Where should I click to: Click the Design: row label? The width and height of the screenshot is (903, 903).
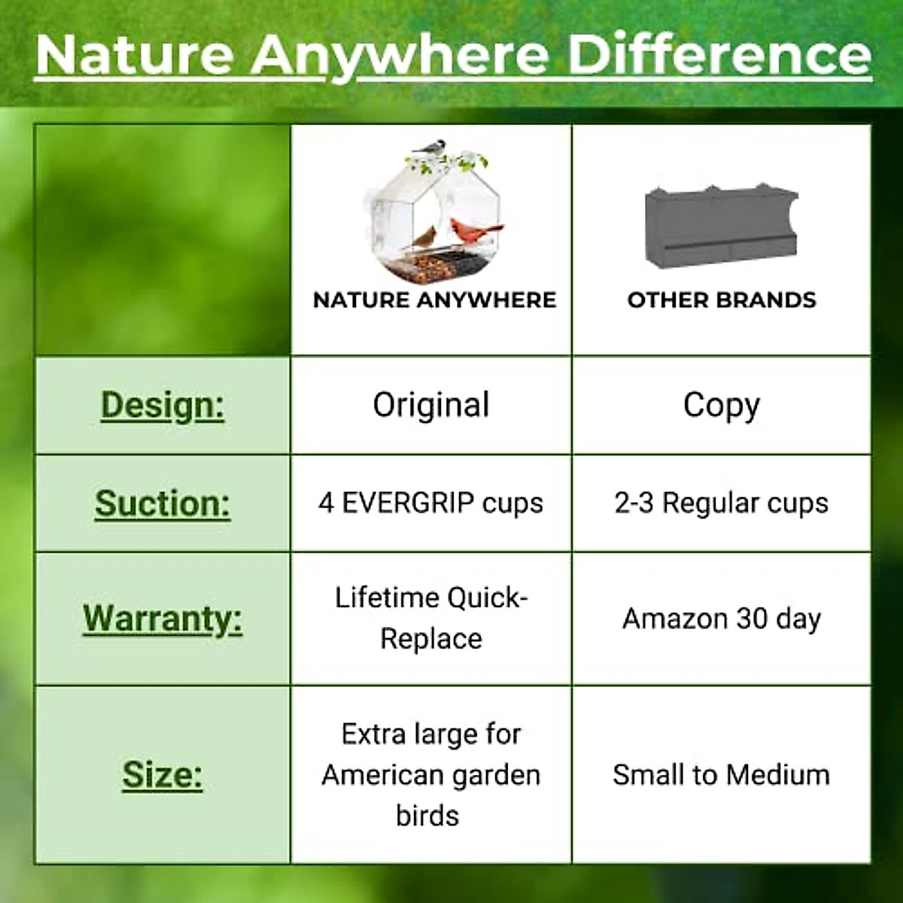163,405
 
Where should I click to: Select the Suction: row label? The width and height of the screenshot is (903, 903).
163,503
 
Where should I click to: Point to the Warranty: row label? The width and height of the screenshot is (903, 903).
163,619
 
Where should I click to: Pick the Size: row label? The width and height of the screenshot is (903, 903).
163,774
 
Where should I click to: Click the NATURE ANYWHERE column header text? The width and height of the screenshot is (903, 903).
434,299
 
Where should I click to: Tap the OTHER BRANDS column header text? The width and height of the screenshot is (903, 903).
722,299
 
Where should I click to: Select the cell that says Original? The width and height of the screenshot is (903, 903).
431,405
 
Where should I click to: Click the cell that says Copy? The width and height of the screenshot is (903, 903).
722,405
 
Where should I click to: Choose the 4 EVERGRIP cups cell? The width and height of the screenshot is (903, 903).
431,503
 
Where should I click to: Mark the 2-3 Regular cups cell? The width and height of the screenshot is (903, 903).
722,503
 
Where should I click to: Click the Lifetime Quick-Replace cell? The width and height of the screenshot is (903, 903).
431,619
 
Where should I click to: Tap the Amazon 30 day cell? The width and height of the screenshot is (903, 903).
722,619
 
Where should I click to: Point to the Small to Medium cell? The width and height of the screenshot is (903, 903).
722,774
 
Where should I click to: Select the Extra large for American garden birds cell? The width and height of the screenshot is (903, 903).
431,774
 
